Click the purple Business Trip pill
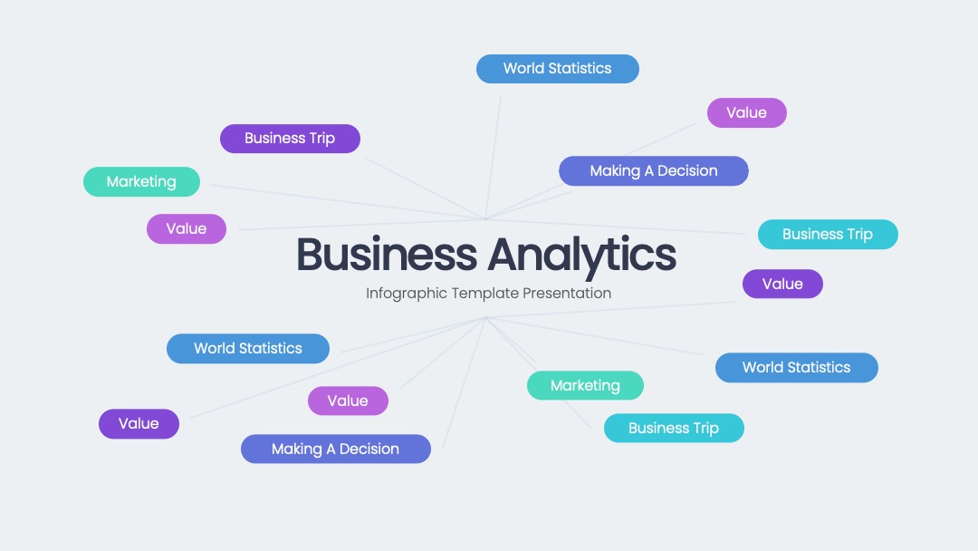click(290, 139)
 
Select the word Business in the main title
click(387, 255)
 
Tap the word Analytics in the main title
click(582, 256)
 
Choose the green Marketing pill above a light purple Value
click(141, 181)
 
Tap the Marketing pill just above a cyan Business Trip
click(585, 386)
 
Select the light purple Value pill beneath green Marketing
click(187, 229)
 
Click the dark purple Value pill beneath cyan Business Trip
click(782, 284)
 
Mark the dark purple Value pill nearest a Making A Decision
click(139, 424)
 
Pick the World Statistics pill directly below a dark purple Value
click(797, 368)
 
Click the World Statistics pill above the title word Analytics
click(558, 69)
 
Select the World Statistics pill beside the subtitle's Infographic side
click(248, 348)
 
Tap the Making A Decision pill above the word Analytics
click(654, 171)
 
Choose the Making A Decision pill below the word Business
click(336, 449)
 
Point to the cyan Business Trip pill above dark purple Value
click(828, 235)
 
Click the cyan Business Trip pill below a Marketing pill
click(674, 428)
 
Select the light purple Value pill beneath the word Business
click(348, 401)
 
